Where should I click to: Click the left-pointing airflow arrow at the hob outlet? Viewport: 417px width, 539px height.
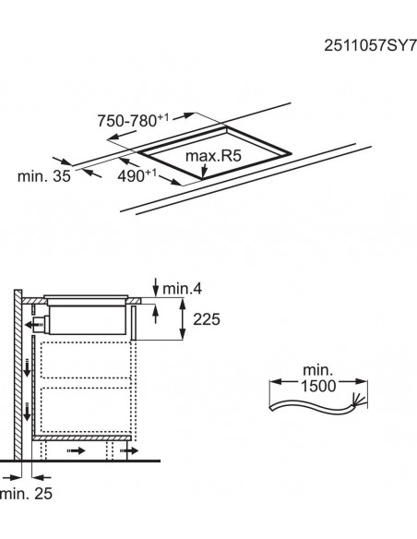(x=34, y=324)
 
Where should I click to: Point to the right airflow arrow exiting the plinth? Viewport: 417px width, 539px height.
(x=135, y=452)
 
